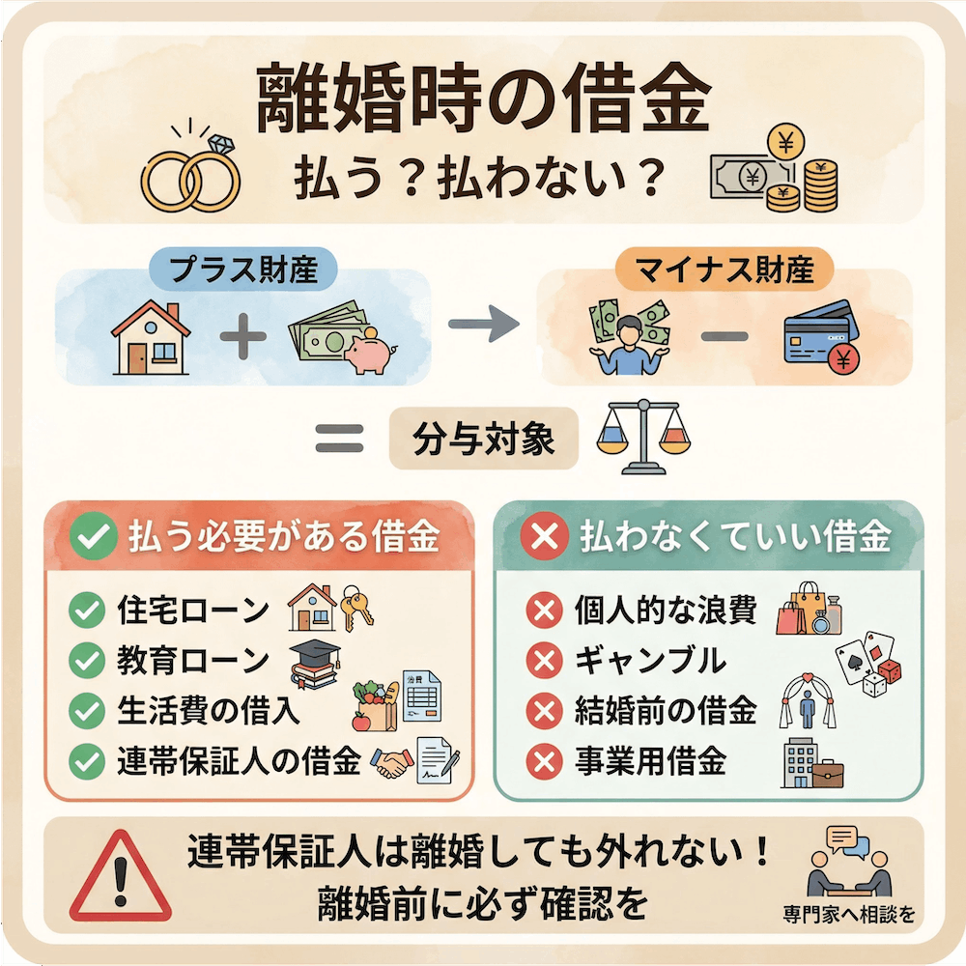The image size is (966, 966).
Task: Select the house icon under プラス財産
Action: [151, 338]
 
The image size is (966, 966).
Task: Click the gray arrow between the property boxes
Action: [484, 325]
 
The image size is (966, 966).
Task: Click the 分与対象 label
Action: [483, 440]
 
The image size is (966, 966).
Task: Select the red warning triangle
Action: [120, 875]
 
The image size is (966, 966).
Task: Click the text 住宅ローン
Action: [193, 611]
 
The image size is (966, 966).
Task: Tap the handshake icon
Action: [390, 764]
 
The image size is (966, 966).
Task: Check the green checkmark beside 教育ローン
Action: [88, 661]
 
